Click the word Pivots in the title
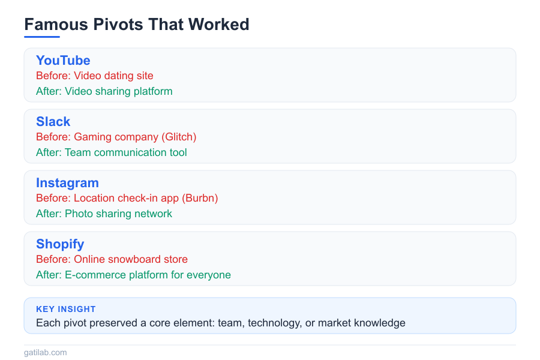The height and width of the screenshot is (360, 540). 110,25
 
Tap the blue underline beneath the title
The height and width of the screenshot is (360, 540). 42,37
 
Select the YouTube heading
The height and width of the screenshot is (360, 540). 63,61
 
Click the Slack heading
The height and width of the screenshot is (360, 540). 53,122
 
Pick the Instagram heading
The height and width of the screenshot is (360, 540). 67,183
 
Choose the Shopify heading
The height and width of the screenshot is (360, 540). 60,244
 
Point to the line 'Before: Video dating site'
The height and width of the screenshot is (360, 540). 95,76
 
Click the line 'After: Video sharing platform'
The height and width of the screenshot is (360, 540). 104,92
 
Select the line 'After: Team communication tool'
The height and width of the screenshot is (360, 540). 112,153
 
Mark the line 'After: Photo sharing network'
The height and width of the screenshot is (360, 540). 104,214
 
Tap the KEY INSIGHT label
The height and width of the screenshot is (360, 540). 66,310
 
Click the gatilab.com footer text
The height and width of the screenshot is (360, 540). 46,353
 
